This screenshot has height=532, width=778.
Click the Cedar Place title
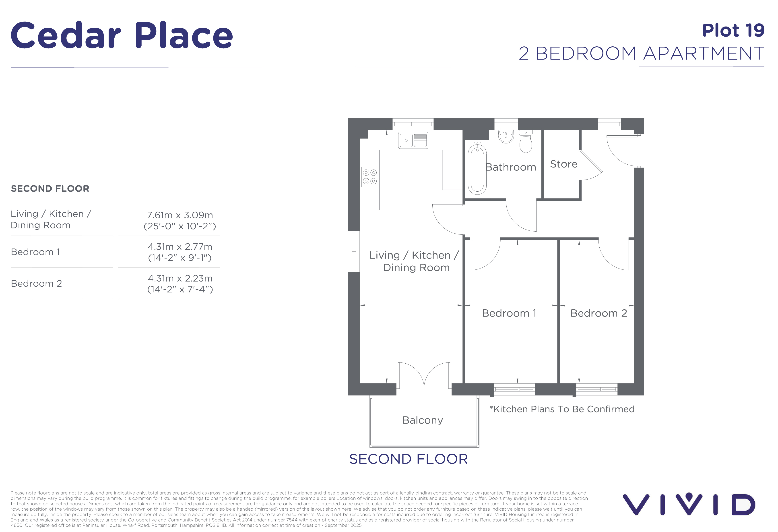[122, 35]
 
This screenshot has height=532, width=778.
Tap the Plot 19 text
[733, 31]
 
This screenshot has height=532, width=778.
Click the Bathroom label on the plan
[510, 167]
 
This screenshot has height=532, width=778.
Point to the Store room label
[564, 164]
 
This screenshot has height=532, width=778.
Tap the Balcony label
[423, 420]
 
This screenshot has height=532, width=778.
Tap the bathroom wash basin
[506, 137]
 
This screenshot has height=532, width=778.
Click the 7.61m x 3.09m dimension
[180, 215]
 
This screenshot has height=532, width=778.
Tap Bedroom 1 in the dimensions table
[35, 252]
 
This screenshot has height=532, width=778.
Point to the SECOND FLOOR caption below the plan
[409, 459]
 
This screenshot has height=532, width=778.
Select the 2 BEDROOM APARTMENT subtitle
[641, 54]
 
